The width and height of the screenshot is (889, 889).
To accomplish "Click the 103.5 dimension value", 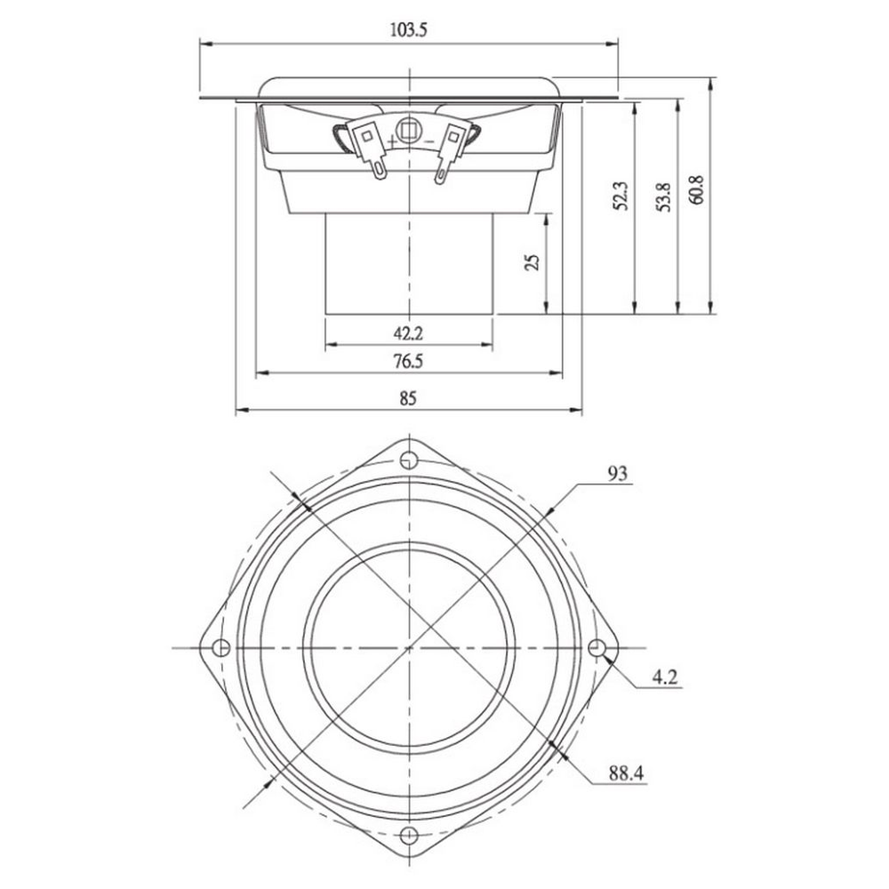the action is point(408,29).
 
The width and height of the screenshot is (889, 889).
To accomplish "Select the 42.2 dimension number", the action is point(408,333).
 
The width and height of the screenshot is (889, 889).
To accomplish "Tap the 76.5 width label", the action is point(408,361).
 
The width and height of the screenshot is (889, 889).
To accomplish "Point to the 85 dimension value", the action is point(408,398).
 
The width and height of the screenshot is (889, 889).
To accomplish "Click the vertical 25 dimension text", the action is point(532,262).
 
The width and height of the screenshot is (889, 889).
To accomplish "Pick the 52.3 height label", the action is point(621,196).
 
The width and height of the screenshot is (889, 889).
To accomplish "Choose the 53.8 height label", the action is point(664,197).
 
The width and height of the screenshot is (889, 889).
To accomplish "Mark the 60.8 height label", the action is point(697,189).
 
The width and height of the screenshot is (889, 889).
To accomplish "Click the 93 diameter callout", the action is point(618,473).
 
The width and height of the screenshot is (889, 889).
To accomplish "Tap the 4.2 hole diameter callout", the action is point(665,677).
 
